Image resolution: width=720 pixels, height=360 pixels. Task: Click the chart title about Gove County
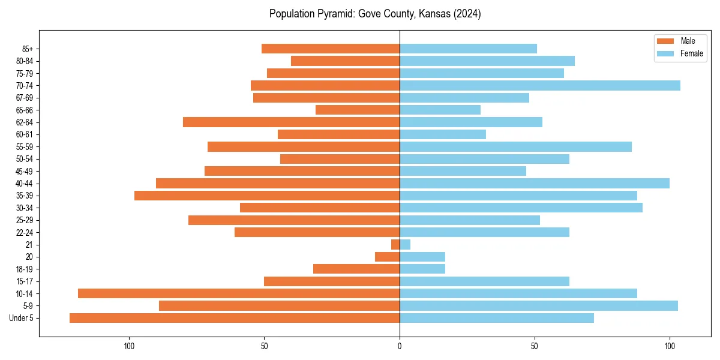point(375,14)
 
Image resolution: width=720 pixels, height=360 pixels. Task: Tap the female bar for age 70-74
point(540,86)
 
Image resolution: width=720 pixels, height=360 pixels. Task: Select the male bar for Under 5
point(235,318)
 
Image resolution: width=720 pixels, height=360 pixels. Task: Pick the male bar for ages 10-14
point(239,293)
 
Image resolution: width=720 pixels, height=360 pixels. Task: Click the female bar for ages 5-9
point(539,306)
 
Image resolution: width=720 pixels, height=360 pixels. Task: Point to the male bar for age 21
point(395,245)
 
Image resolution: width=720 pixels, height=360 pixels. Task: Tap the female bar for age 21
point(405,245)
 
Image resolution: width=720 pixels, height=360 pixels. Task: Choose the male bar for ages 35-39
point(267,196)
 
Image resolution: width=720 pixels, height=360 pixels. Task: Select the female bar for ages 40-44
point(535,184)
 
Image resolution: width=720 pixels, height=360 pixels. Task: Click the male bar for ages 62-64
point(291,122)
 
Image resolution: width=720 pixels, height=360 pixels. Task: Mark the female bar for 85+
point(468,49)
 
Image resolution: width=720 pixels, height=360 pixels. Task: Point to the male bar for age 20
point(387,257)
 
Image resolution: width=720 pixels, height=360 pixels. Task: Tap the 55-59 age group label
point(25,147)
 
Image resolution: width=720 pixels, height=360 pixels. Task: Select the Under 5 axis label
point(22,318)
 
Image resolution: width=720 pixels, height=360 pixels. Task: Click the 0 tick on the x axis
point(400,346)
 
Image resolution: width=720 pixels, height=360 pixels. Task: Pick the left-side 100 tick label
point(128,346)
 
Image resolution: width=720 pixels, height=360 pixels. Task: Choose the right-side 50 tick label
point(535,346)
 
